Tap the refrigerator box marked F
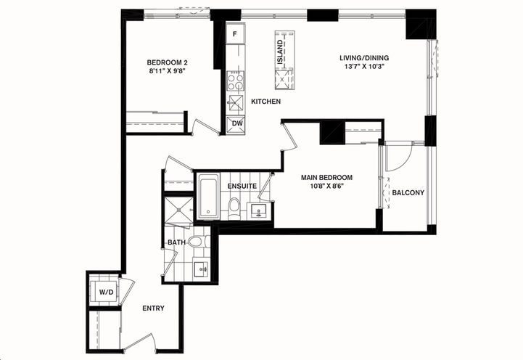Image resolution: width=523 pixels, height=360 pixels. pos(236,34)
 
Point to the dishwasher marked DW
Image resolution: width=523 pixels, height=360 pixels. pos(236,123)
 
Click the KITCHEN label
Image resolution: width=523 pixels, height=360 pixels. pos(266,102)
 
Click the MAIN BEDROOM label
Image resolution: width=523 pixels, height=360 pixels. pos(327,178)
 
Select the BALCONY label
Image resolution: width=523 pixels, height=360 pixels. pos(408,192)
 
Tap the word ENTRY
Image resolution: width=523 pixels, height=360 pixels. pos(153,308)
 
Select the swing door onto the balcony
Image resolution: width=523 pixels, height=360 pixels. pos(398,157)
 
